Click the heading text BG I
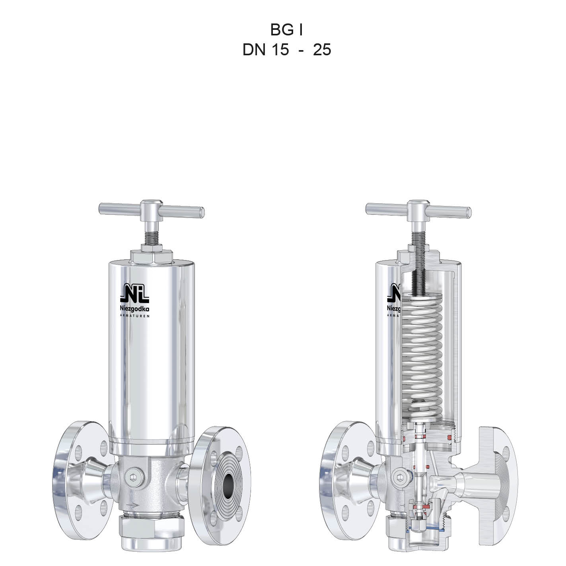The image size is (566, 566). [x=286, y=30]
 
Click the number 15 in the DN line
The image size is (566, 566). [x=280, y=49]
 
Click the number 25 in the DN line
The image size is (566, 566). [x=322, y=49]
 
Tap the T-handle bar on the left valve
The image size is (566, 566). [x=152, y=210]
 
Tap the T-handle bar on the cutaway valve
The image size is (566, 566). [x=418, y=210]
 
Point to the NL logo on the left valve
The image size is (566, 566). [x=134, y=293]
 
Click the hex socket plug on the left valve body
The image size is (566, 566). [x=134, y=478]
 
